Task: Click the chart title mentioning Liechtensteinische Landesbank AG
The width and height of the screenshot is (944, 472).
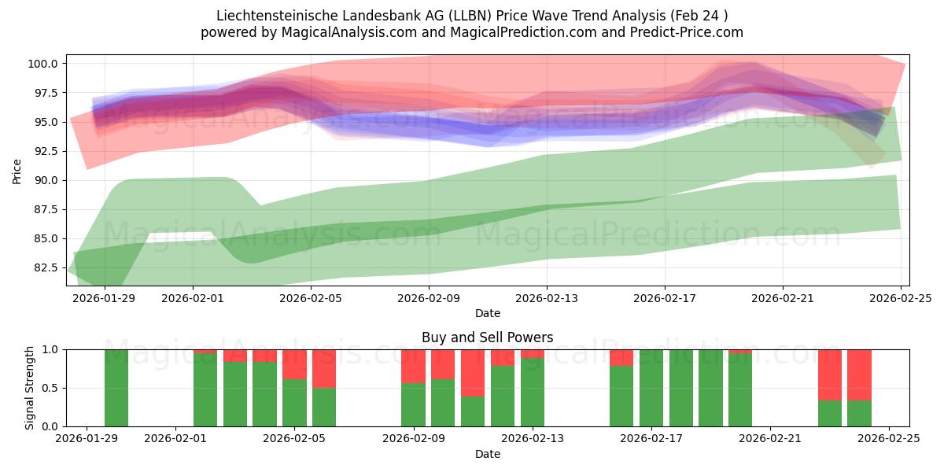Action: (471, 15)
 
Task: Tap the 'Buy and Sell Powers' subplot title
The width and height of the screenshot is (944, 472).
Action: (487, 337)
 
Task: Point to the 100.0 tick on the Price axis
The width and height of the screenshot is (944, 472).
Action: (43, 64)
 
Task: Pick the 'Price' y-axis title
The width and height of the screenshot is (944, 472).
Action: (17, 170)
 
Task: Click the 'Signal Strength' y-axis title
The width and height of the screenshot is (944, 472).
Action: (30, 388)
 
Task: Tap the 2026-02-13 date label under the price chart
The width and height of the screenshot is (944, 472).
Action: (546, 299)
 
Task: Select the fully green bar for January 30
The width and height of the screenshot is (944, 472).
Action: (116, 388)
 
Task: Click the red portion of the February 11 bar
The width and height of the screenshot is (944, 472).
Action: (473, 373)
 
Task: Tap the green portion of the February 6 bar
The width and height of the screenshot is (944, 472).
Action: (324, 407)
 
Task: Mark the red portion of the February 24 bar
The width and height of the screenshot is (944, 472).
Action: (859, 374)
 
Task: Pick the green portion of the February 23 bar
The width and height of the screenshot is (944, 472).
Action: (830, 413)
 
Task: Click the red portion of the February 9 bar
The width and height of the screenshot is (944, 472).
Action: (413, 366)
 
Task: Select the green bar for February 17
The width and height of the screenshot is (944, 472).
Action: (651, 388)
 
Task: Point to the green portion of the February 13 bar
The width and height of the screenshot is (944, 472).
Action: (533, 393)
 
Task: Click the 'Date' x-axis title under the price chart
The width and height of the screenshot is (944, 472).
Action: (487, 313)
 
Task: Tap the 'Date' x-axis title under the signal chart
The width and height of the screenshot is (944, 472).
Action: (487, 454)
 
